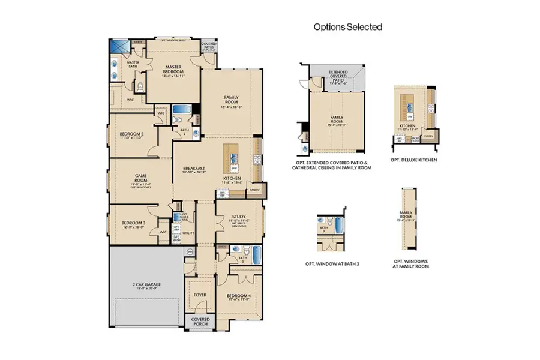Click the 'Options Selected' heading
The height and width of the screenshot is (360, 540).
click(348, 27)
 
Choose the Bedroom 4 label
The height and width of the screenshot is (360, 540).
click(238, 297)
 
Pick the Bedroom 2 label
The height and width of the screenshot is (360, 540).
click(131, 135)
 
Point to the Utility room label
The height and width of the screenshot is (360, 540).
click(188, 232)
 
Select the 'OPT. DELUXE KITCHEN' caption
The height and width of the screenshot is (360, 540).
click(413, 160)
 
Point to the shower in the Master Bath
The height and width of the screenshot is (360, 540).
click(121, 48)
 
